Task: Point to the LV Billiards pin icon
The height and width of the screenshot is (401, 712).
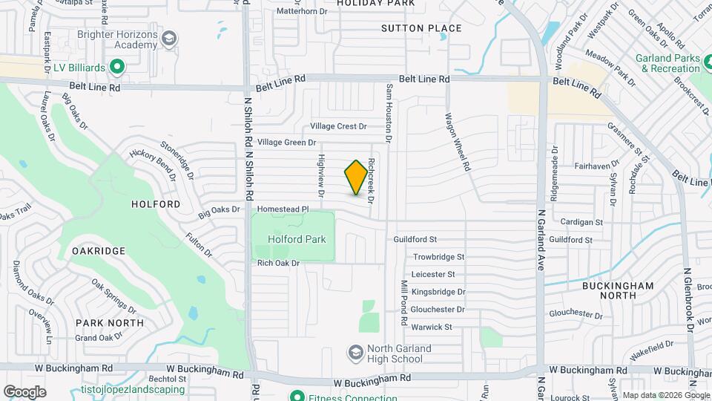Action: pyautogui.click(x=116, y=68)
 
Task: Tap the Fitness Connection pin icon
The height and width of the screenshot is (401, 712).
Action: pyautogui.click(x=297, y=395)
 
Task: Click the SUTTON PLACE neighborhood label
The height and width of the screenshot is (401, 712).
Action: pyautogui.click(x=421, y=28)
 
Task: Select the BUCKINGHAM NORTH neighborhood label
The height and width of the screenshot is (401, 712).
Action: pyautogui.click(x=618, y=290)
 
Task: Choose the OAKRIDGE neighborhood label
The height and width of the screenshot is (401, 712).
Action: pyautogui.click(x=99, y=251)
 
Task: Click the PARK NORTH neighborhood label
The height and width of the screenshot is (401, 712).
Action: pyautogui.click(x=109, y=323)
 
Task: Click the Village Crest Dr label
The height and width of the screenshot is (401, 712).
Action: pyautogui.click(x=338, y=126)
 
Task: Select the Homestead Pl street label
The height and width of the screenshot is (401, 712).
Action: pyautogui.click(x=283, y=210)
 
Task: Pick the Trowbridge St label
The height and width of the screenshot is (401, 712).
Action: pyautogui.click(x=438, y=257)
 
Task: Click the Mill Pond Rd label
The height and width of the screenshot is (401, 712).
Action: pyautogui.click(x=404, y=305)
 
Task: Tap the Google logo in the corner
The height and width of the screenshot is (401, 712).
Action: pyautogui.click(x=24, y=391)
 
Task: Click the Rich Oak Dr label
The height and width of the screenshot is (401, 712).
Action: pyautogui.click(x=278, y=263)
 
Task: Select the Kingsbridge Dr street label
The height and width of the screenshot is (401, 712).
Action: pyautogui.click(x=438, y=292)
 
